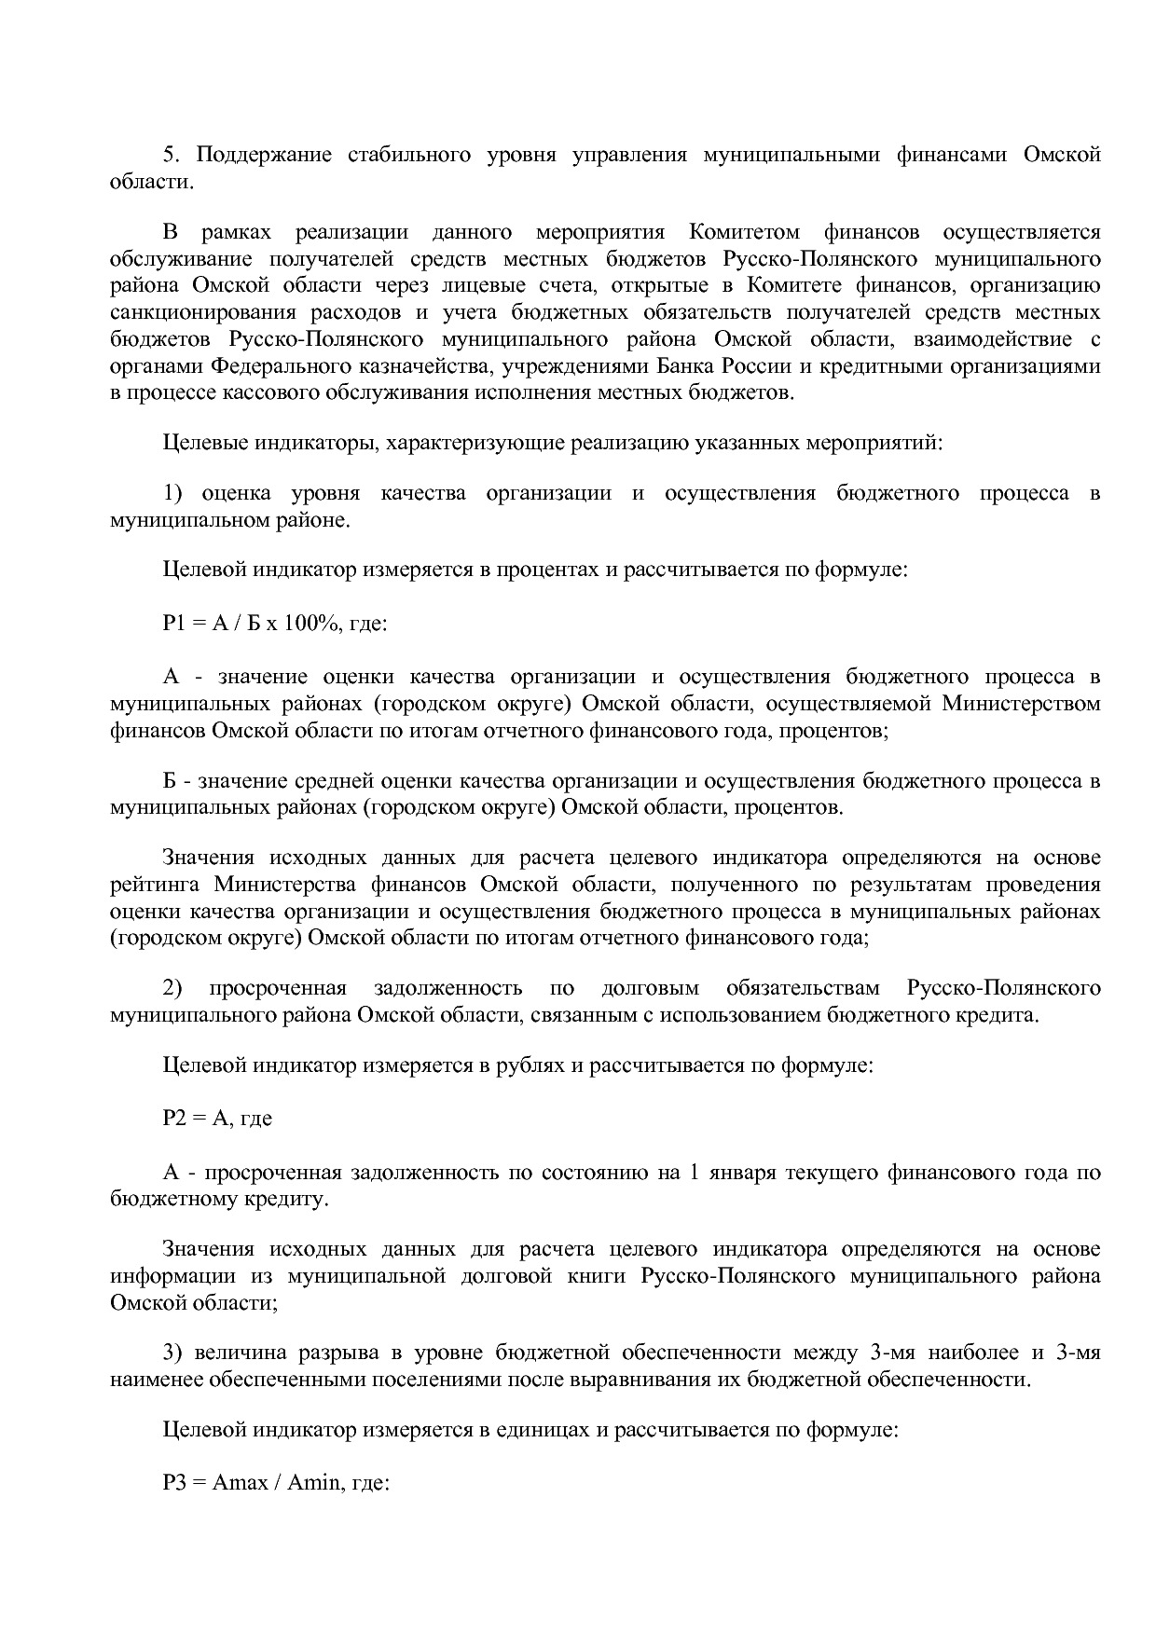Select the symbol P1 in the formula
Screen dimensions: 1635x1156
[x=174, y=622]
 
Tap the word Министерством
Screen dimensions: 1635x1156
[x=1021, y=703]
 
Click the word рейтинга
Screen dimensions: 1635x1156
[x=152, y=884]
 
